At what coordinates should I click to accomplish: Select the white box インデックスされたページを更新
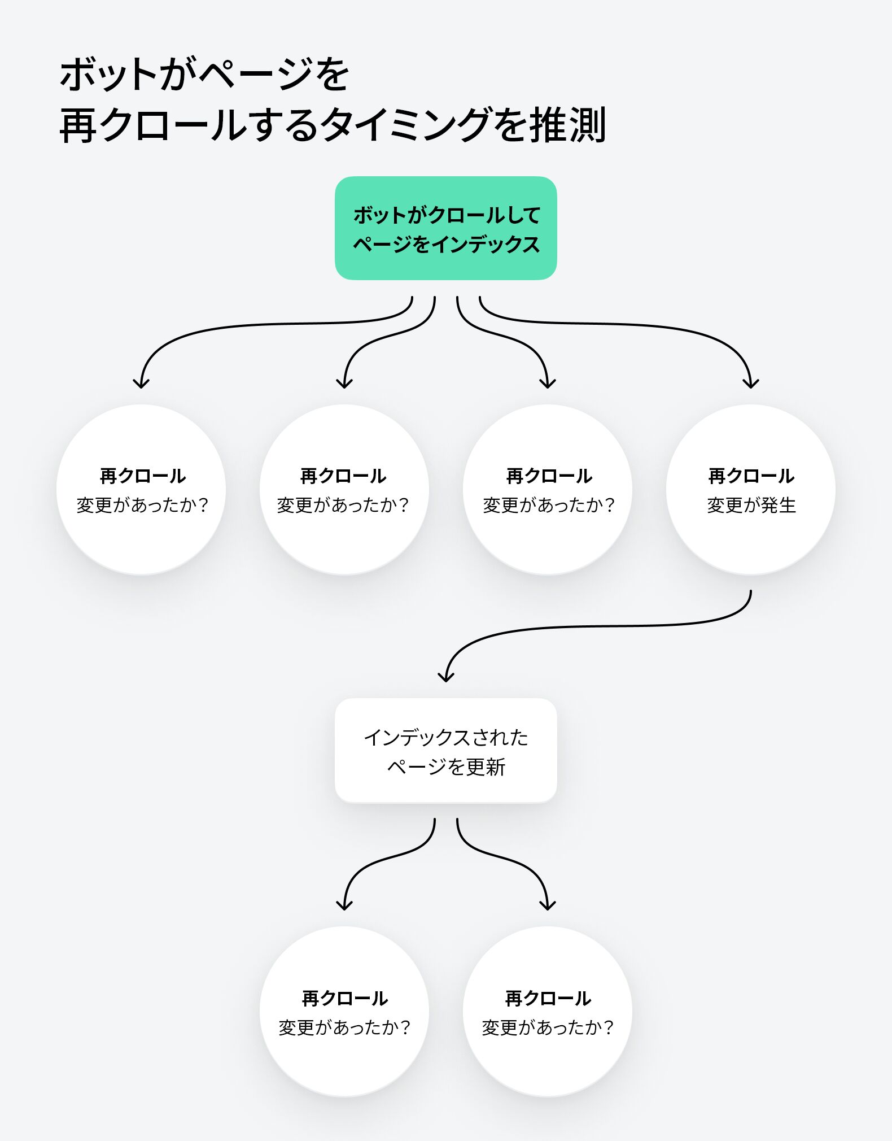pos(446,750)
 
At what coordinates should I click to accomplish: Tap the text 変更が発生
pos(751,505)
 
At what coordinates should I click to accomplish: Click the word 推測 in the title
pos(567,125)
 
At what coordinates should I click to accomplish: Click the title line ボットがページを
pos(204,75)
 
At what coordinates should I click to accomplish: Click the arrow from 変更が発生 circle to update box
pos(598,626)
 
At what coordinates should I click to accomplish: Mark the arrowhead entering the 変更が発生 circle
pos(751,383)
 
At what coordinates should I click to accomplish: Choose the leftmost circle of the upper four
pos(141,489)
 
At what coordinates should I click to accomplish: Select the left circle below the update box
pos(344,1011)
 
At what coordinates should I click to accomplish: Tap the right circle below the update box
pos(548,1011)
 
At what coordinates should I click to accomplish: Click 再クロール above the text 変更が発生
pos(751,476)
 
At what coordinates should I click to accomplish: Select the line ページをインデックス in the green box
pos(446,245)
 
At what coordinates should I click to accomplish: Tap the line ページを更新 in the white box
pos(446,767)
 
